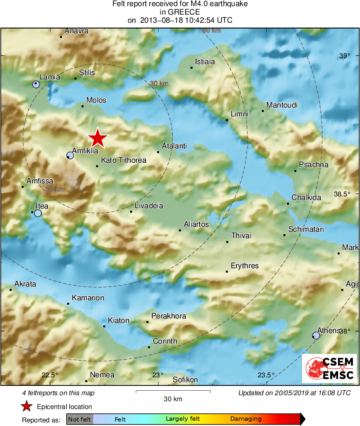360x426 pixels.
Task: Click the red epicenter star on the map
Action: [98, 138]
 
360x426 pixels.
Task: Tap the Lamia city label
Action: [49, 77]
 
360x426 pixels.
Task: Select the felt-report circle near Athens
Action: [316, 335]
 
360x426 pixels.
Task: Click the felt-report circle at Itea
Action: [38, 213]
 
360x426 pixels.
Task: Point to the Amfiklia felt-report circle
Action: [70, 155]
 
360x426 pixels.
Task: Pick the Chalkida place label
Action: [306, 198]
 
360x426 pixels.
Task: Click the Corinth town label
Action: [165, 341]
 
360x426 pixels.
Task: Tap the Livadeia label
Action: [149, 206]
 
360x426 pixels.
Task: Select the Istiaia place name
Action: [205, 62]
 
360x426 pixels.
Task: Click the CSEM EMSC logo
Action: [329, 368]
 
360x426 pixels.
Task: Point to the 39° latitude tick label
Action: [344, 56]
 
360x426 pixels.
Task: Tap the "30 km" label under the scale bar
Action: [173, 399]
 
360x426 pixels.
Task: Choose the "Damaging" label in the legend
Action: [246, 419]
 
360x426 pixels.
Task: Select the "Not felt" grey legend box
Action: [79, 419]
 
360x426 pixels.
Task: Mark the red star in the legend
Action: [27, 406]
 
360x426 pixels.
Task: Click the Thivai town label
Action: [241, 236]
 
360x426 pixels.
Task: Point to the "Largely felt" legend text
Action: [182, 419]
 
